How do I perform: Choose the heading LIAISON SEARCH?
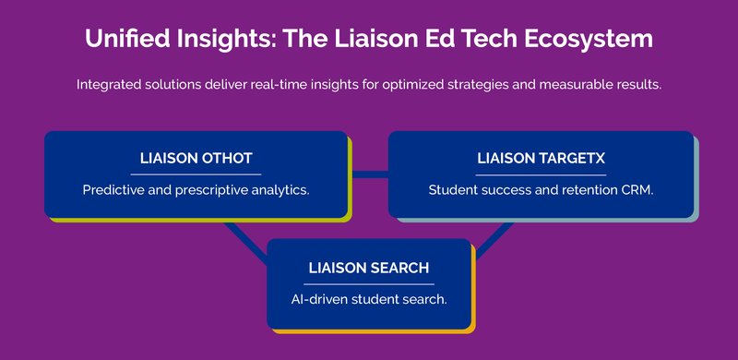(x=369, y=268)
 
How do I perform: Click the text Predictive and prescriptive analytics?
(x=196, y=190)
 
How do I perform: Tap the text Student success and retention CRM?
(x=541, y=190)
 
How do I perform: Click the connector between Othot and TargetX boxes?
(x=369, y=173)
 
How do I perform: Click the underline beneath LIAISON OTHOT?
(x=196, y=174)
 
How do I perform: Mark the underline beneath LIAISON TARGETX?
(x=541, y=174)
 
